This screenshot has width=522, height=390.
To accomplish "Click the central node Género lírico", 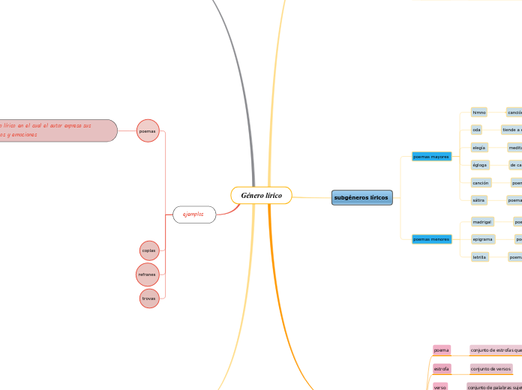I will tap(261, 195).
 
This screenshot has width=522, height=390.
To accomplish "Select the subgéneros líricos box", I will tap(361, 198).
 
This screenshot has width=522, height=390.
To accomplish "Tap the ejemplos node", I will tap(194, 214).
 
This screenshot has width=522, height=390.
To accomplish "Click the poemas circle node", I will tap(148, 131).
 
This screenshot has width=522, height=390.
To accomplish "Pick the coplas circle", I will tap(149, 250).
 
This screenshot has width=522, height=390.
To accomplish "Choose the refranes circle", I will tap(148, 274).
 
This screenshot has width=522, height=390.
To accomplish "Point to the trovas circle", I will tap(150, 298).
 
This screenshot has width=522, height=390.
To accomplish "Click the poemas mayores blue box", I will tap(431, 157).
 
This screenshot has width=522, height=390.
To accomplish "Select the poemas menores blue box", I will tap(431, 239).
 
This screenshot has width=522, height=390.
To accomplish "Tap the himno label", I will tap(479, 112).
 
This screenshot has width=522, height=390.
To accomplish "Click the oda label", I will tap(477, 130).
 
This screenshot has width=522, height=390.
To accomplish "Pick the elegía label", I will tap(479, 148).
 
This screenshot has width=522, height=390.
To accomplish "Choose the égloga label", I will tap(480, 165).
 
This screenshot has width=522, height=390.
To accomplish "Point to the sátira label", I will tap(479, 200).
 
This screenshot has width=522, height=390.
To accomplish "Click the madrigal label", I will tap(482, 222).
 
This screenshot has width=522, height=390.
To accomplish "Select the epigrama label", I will tap(483, 239).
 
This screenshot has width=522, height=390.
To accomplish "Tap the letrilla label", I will tap(480, 257).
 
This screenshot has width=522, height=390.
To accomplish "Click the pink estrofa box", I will tap(442, 369).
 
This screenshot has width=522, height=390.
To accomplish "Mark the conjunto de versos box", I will tap(490, 369).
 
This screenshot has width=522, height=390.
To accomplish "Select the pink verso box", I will tap(440, 387).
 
